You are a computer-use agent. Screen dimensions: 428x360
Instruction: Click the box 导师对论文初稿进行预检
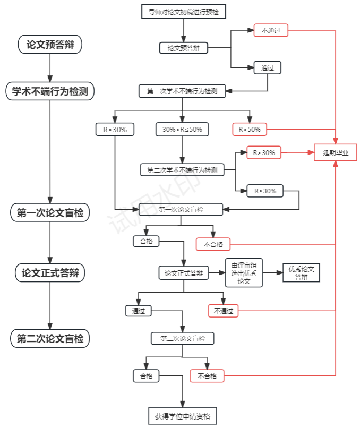183,11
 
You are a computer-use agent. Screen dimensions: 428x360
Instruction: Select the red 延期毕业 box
336,152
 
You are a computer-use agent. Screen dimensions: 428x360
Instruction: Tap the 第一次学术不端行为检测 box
182,91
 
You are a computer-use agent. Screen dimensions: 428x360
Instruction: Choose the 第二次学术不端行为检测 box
182,170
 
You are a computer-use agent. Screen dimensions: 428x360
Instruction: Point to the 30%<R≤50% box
182,129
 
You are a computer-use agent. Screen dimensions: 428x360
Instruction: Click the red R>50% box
250,129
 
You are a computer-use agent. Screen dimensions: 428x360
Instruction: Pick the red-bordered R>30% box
263,153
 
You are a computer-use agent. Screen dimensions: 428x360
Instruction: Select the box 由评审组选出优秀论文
244,273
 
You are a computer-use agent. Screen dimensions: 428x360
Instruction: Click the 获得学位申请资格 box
183,416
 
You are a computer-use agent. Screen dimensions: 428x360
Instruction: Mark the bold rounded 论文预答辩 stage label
50,45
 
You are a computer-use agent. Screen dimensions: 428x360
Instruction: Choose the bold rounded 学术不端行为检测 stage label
50,91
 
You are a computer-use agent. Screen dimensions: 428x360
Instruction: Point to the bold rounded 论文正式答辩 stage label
50,273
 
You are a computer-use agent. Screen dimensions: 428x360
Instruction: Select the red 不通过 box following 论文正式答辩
223,311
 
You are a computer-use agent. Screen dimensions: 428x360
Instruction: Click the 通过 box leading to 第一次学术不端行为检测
267,68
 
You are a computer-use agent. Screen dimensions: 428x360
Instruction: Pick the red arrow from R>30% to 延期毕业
297,153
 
